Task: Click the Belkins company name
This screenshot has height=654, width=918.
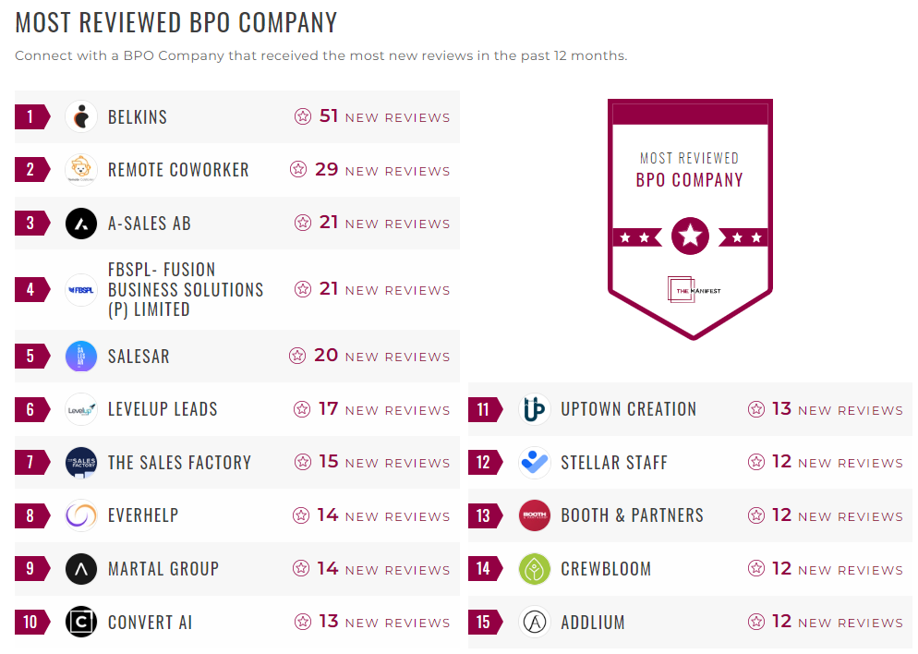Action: (x=138, y=117)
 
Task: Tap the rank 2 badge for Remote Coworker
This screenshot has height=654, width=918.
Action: (x=30, y=170)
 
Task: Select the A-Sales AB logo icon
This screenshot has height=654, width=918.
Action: (x=81, y=224)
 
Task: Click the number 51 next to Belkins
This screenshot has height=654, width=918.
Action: (x=329, y=116)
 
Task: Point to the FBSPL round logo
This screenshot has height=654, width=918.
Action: (x=81, y=289)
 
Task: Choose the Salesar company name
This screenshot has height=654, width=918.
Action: (x=139, y=357)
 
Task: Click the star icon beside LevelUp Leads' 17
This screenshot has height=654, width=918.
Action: (x=302, y=409)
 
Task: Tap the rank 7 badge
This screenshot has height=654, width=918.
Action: (x=30, y=463)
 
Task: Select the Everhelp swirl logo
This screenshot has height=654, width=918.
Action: (x=81, y=515)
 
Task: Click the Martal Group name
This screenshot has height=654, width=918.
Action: (x=163, y=569)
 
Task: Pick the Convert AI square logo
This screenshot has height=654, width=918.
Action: (x=81, y=622)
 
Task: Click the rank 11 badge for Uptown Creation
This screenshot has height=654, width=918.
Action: (x=483, y=409)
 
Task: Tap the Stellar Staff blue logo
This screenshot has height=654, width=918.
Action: (x=535, y=463)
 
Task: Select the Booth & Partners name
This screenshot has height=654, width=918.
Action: (x=632, y=515)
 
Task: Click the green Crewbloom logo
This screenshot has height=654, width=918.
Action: (x=535, y=569)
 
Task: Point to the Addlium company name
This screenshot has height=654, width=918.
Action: (x=593, y=622)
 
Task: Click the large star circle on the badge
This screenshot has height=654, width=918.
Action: (x=690, y=236)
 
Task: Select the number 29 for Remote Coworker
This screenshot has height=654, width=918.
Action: (x=327, y=170)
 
